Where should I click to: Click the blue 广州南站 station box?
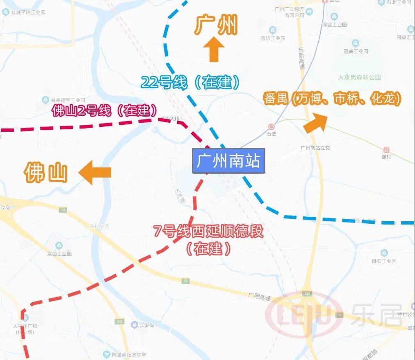coord(228,161)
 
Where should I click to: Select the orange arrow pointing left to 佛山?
coord(96,172)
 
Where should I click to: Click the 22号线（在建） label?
coord(190,83)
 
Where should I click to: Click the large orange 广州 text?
coord(216,25)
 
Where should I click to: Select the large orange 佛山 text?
coord(46,172)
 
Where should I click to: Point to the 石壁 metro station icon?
coord(271,127)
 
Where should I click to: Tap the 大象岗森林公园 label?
coord(359,77)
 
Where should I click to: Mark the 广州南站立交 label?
coord(315,148)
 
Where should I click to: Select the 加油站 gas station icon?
coord(134,325)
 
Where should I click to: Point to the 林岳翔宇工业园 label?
coord(68,100)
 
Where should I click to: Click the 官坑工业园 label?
coord(273,38)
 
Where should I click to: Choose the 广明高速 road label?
coord(260,296)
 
